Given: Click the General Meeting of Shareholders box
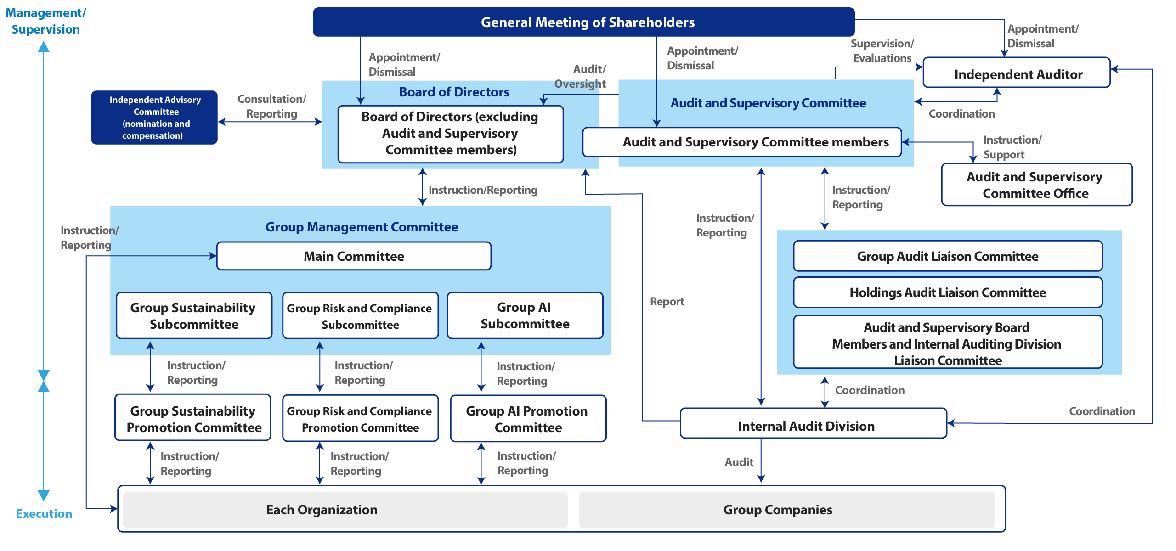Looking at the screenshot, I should tap(583, 22).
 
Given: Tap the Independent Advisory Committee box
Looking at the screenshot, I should tap(154, 118).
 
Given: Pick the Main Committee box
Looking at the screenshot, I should tap(354, 256).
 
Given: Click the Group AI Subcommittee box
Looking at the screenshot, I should tap(525, 315).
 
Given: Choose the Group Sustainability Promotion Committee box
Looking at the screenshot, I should tap(193, 418).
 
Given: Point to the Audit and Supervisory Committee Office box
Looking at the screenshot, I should tap(1036, 185).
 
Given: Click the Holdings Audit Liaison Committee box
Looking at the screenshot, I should tap(947, 292).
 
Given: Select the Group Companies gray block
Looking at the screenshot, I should tap(786, 510).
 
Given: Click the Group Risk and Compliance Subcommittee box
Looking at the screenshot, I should tap(360, 316).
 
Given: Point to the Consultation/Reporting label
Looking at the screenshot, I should tap(271, 106).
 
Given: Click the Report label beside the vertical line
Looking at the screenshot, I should tap(667, 302).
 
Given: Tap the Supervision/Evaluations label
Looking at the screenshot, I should tap(882, 51).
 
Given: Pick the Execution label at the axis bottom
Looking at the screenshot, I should tap(44, 514).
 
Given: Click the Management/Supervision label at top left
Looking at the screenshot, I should tap(45, 21).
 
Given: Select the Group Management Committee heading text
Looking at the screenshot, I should tap(362, 227).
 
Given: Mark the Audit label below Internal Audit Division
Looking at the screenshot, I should tap(739, 462).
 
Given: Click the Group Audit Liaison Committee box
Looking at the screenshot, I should tap(947, 256).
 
